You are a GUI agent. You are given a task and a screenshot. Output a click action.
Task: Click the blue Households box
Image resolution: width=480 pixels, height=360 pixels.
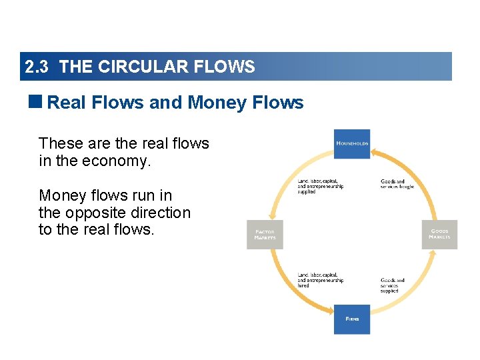(x=352, y=143)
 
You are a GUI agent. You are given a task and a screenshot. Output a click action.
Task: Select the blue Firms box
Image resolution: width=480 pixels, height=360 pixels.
(x=352, y=319)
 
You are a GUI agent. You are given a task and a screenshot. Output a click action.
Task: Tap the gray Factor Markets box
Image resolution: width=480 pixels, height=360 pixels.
(x=265, y=235)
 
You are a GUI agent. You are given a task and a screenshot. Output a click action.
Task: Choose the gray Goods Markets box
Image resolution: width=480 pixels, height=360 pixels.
(x=439, y=235)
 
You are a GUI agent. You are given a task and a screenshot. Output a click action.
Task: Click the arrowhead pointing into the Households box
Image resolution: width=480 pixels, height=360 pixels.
(x=374, y=153)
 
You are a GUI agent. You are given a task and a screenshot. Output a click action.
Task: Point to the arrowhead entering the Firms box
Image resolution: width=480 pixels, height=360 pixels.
(x=330, y=310)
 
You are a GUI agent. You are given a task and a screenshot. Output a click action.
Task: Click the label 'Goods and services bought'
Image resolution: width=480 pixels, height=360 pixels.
(x=397, y=184)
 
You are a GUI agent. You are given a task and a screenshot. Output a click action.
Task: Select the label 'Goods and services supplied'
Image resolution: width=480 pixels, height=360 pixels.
(x=393, y=285)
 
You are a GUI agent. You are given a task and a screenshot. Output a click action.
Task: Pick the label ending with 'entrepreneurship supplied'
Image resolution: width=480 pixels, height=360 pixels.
(x=320, y=187)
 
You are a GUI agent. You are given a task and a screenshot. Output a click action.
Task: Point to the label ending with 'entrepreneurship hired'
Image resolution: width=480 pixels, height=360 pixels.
(x=320, y=280)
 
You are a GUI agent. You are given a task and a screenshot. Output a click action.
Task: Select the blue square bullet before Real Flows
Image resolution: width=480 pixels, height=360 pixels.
(x=36, y=101)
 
